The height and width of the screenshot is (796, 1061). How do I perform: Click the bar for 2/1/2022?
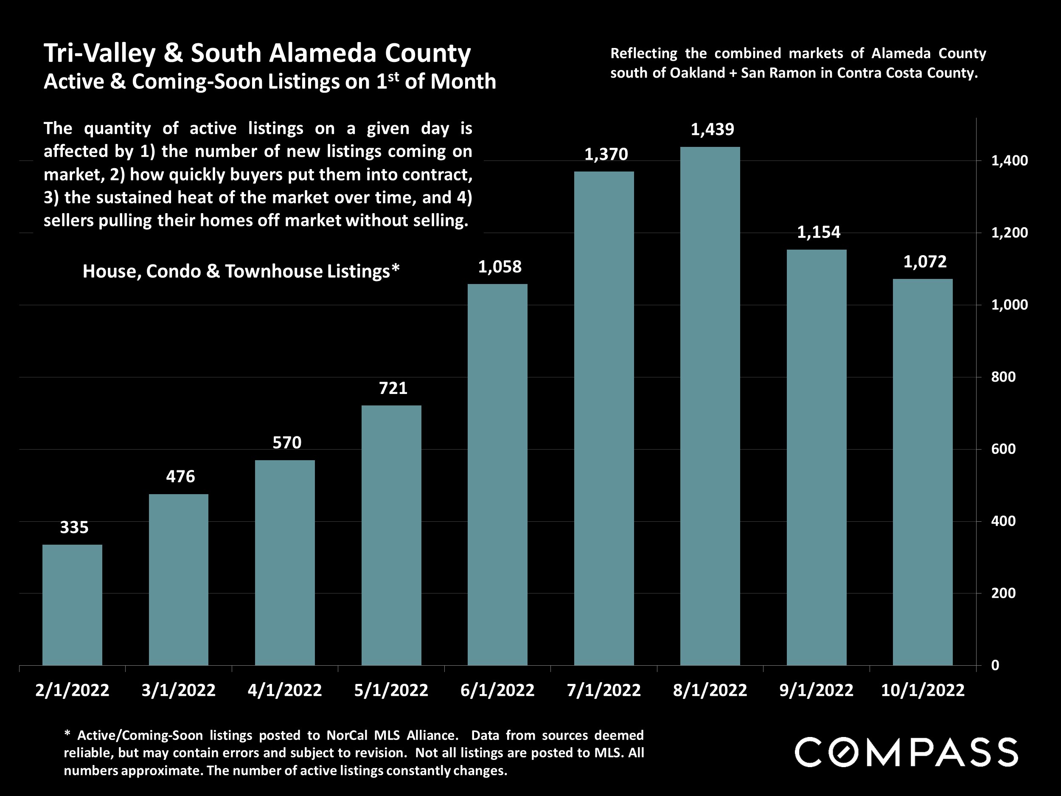(72, 605)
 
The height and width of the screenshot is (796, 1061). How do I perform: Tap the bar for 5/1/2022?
(391, 535)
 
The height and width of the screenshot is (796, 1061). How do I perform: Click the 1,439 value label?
(712, 129)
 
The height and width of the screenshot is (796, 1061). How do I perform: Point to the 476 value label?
(180, 476)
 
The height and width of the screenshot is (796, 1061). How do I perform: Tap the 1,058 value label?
(500, 267)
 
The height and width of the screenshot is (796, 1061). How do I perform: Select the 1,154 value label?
(818, 232)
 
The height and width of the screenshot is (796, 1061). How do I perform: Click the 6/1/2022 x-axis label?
(497, 690)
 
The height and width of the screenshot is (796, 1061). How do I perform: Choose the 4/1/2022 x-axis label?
(284, 690)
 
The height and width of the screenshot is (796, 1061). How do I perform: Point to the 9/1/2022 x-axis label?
(817, 690)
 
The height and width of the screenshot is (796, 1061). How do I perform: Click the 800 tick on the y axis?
(1003, 377)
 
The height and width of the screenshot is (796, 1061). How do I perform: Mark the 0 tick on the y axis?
(995, 665)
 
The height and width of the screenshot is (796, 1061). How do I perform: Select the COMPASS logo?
(906, 752)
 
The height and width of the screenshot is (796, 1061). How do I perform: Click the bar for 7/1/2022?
(603, 418)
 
